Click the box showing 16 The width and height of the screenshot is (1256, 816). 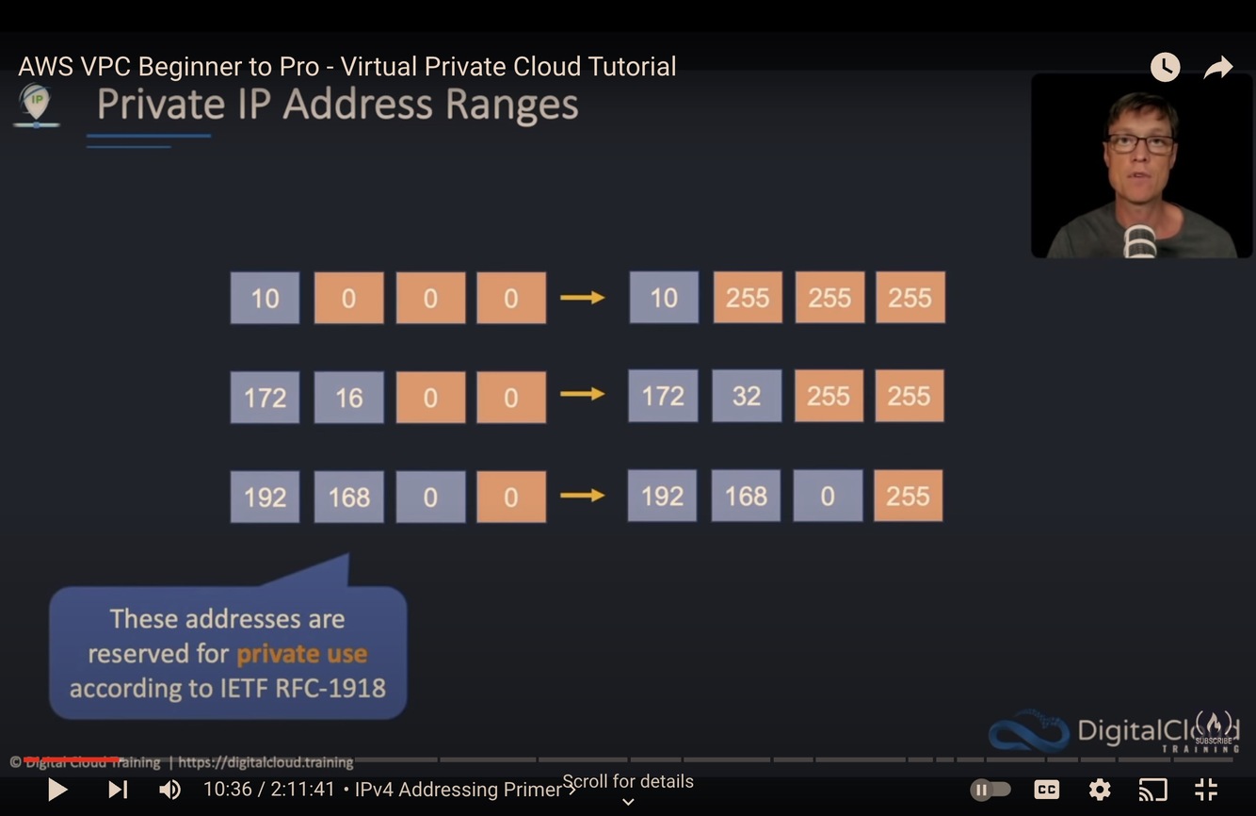coord(348,397)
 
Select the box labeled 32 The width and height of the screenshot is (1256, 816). coord(747,396)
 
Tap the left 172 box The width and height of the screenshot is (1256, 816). coord(265,397)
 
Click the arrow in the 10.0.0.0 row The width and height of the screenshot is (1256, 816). coord(582,298)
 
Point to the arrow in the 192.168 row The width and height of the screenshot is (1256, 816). coord(582,496)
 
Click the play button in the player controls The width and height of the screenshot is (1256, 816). coord(57,790)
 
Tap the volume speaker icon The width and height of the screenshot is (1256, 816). coord(169,790)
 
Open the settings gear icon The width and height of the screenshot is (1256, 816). coord(1100,790)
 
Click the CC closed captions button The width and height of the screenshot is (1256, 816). coord(1046,790)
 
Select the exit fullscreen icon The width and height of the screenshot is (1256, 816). coord(1206,790)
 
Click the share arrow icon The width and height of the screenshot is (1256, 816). coord(1218,67)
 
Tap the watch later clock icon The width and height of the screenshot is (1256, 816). coord(1165,67)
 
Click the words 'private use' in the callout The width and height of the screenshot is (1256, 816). coord(301,653)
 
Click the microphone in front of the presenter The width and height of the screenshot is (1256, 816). coord(1140,240)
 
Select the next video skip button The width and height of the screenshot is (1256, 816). coord(118,790)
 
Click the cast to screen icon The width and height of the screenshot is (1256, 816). coord(1152,790)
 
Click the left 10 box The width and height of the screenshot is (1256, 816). coord(265,298)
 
